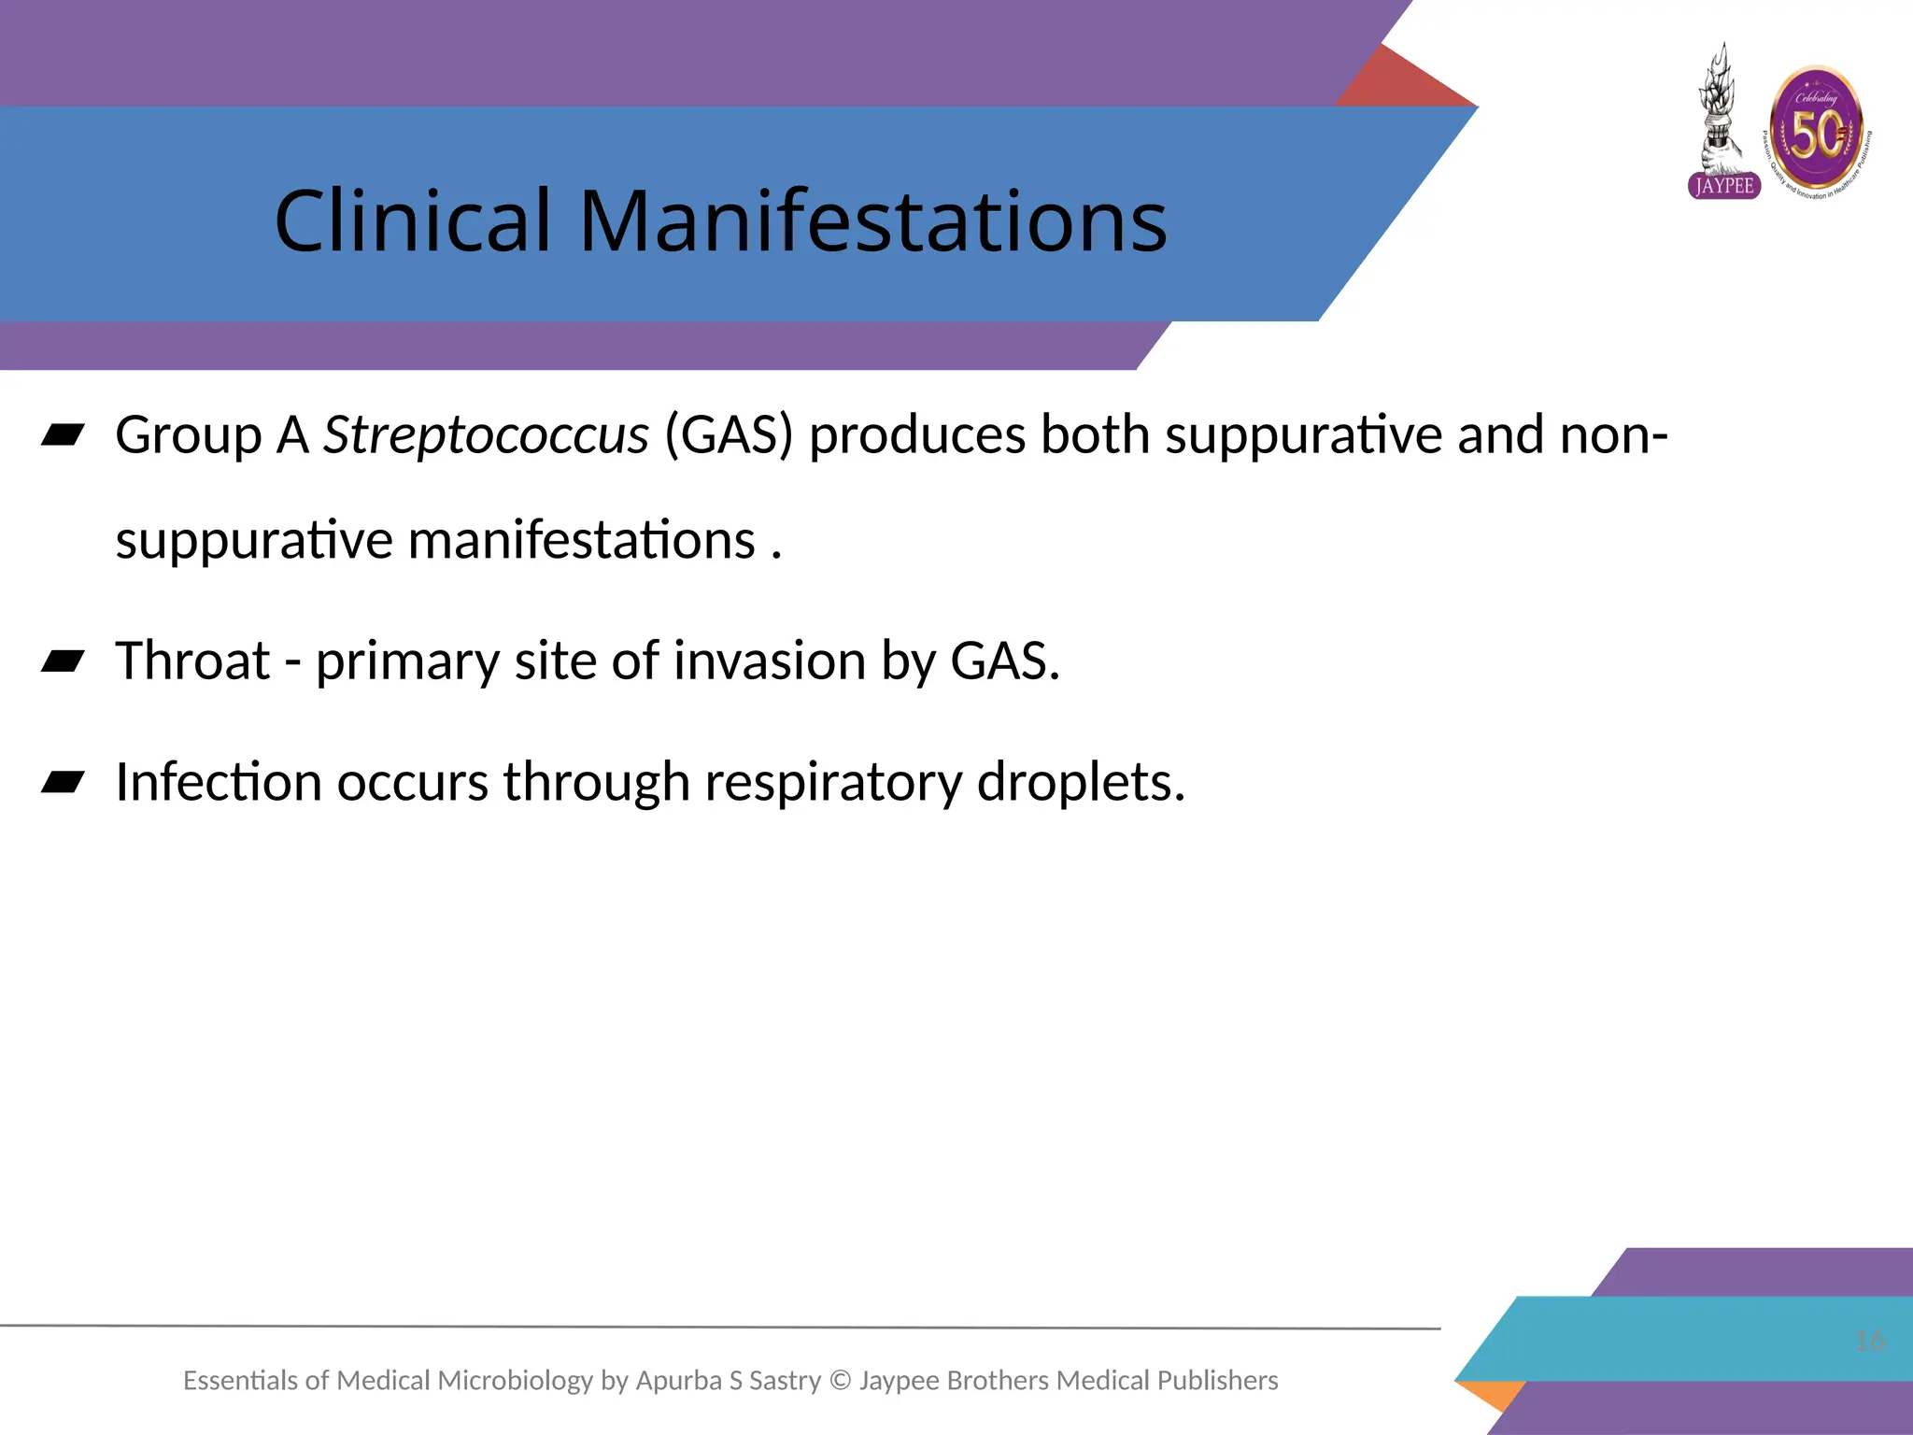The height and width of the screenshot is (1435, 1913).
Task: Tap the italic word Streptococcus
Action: point(486,435)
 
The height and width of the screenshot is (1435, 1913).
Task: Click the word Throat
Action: point(192,661)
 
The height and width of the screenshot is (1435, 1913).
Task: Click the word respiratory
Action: point(833,783)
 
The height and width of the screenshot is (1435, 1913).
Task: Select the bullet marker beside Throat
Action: point(63,661)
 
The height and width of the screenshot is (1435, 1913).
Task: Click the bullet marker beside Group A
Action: point(63,435)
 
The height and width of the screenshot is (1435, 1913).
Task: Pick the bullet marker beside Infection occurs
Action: point(63,782)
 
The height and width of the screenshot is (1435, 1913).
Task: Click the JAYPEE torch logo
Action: point(1722,121)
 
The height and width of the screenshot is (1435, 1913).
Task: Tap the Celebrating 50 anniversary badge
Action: point(1818,131)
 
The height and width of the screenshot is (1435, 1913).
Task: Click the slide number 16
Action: point(1870,1342)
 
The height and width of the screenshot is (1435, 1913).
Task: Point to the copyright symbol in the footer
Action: point(841,1381)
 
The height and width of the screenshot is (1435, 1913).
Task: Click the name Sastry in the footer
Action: point(785,1381)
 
